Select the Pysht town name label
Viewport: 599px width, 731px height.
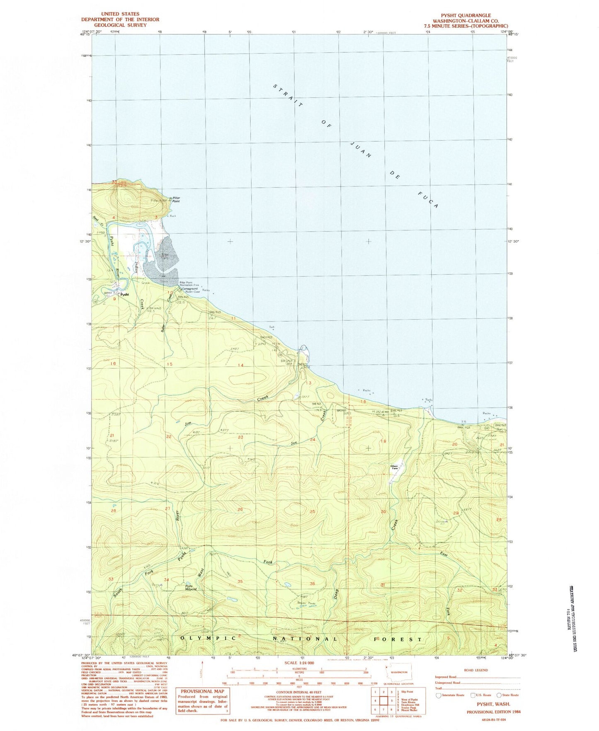click(124, 295)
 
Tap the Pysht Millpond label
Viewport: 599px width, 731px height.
click(190, 587)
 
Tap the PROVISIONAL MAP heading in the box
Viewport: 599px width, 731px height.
click(203, 691)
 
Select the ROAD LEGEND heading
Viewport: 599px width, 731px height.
click(476, 670)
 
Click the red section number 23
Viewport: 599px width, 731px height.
click(240, 438)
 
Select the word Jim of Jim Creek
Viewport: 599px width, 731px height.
click(187, 423)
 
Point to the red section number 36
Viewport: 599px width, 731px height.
click(312, 584)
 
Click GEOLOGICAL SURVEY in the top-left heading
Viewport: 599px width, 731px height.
click(120, 25)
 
